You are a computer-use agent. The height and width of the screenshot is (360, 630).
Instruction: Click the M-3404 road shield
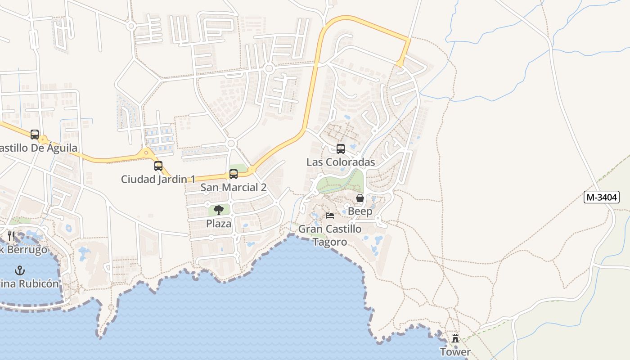601,197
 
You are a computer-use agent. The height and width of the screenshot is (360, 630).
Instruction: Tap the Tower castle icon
455,338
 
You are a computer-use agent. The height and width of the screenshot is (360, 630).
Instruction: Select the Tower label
455,352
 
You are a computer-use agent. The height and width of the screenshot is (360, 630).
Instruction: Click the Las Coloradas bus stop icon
341,149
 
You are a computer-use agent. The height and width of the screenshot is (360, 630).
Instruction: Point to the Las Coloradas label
341,162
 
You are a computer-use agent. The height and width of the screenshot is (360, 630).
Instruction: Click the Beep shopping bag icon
360,198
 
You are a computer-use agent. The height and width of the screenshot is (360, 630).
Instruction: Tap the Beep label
360,211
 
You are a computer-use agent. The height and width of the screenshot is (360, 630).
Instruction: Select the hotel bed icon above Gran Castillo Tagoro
330,216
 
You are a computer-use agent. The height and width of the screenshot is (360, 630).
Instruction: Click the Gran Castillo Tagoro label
330,235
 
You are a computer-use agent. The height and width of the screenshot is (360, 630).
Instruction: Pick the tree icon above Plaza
219,210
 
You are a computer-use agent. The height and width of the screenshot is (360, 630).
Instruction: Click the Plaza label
219,224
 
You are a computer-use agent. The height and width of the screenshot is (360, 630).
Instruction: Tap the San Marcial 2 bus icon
233,174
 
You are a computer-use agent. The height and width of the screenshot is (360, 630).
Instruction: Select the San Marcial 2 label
233,188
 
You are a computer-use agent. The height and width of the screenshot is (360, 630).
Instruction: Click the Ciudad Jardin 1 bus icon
158,166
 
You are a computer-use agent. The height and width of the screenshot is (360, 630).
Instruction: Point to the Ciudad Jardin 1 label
158,179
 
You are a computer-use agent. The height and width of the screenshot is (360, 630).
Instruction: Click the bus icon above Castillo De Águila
35,135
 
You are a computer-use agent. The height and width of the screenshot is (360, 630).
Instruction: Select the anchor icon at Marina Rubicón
19,270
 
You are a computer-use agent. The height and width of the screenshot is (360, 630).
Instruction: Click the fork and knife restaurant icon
11,236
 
